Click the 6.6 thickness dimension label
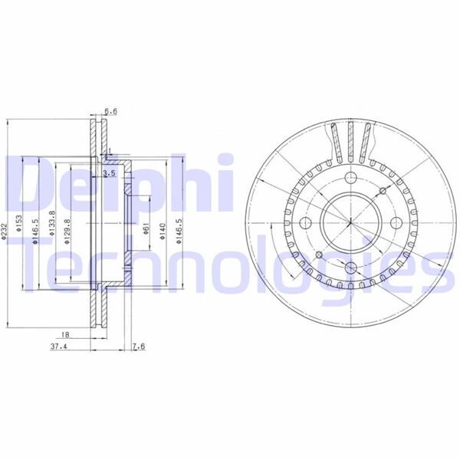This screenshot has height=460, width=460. point(110,111)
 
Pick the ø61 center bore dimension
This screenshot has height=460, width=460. point(145,228)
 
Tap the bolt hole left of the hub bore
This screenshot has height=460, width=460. point(305,223)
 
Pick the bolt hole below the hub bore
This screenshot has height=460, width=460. point(349,268)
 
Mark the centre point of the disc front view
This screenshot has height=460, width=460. point(349,223)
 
